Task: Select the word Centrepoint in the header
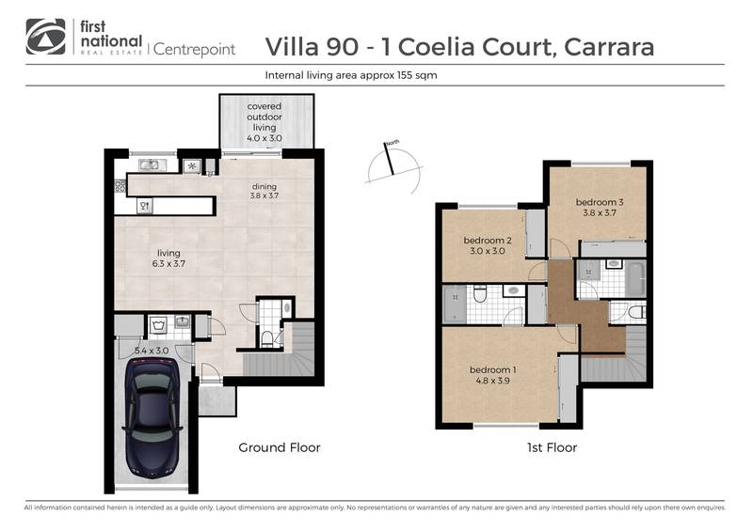pos(194,48)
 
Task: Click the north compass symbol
pos(390,164)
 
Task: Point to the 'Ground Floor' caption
pos(280,448)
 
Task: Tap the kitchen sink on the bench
pos(151,166)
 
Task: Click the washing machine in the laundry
pos(156,326)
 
